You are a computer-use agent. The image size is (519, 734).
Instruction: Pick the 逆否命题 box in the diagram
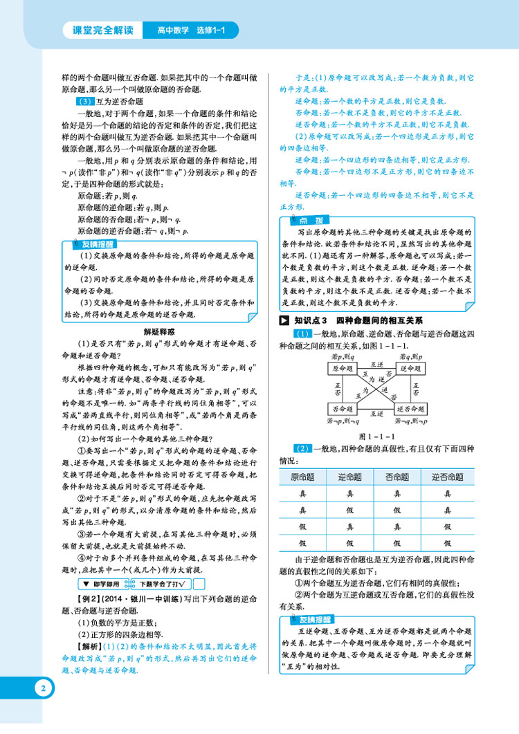pyautogui.click(x=413, y=410)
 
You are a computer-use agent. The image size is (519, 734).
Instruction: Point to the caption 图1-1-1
pyautogui.click(x=376, y=436)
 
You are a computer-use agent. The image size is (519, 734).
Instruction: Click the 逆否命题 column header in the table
pyautogui.click(x=447, y=477)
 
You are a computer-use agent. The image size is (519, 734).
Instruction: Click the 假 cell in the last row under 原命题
pyautogui.click(x=302, y=544)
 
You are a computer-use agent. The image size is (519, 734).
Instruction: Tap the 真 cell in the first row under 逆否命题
pyautogui.click(x=447, y=494)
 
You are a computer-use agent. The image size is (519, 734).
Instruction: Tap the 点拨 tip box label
pyautogui.click(x=306, y=219)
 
